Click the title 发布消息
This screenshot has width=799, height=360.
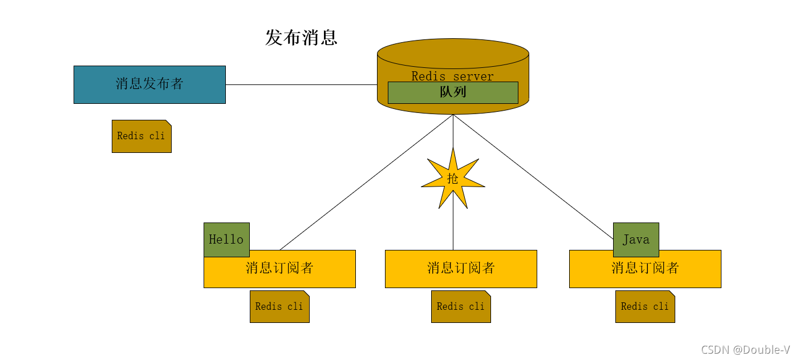pyautogui.click(x=301, y=38)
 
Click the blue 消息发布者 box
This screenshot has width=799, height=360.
pyautogui.click(x=149, y=84)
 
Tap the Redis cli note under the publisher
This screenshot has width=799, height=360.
pyautogui.click(x=141, y=136)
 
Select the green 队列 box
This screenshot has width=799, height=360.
pyautogui.click(x=453, y=92)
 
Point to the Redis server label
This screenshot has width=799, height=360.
pyautogui.click(x=453, y=76)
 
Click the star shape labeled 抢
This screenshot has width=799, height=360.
pyautogui.click(x=453, y=179)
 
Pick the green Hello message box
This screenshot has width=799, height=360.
pyautogui.click(x=226, y=238)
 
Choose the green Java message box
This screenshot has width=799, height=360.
pyautogui.click(x=636, y=239)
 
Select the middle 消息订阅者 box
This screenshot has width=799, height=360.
pyautogui.click(x=461, y=269)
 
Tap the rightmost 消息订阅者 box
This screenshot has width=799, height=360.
pyautogui.click(x=645, y=269)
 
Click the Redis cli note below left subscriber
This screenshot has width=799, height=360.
pyautogui.click(x=279, y=307)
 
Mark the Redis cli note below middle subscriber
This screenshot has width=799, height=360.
pyautogui.click(x=461, y=307)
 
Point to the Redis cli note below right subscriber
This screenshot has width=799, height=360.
pyautogui.click(x=645, y=307)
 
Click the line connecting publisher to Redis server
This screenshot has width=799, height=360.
pyautogui.click(x=301, y=84)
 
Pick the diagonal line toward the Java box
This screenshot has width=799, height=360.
pyautogui.click(x=533, y=176)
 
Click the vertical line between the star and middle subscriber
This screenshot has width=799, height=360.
pyautogui.click(x=453, y=228)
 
